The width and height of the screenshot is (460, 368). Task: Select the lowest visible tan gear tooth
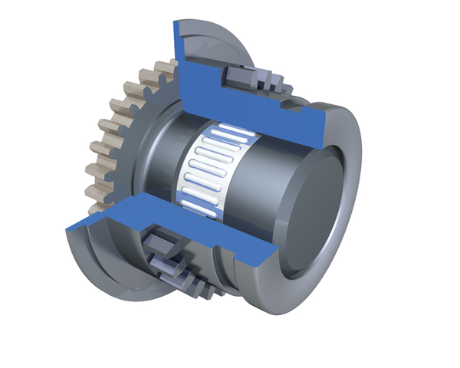(x=97, y=205)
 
